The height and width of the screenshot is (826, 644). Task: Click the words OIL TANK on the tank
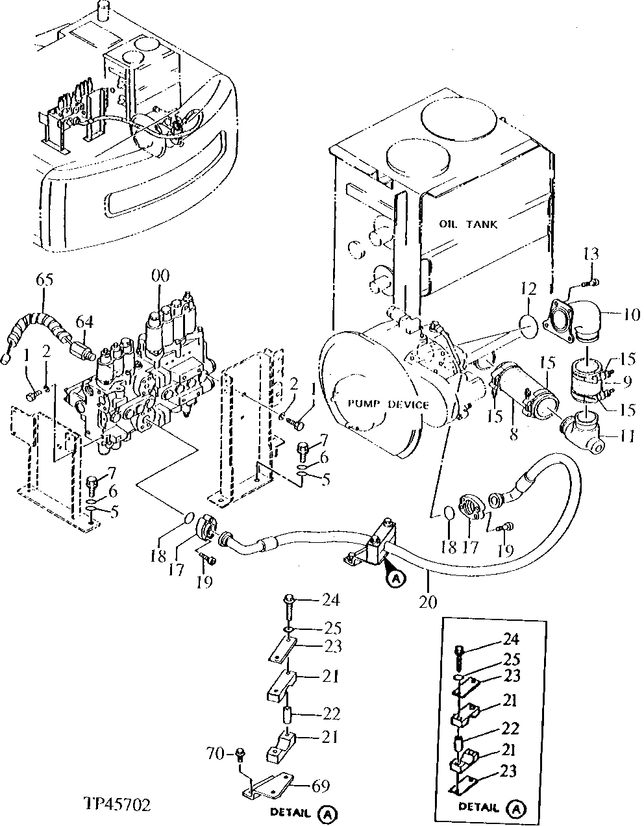tap(468, 225)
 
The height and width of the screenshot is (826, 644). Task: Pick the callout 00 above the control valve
tap(160, 275)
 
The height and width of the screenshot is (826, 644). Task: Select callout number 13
tap(591, 254)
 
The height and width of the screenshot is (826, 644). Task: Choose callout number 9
tap(627, 382)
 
